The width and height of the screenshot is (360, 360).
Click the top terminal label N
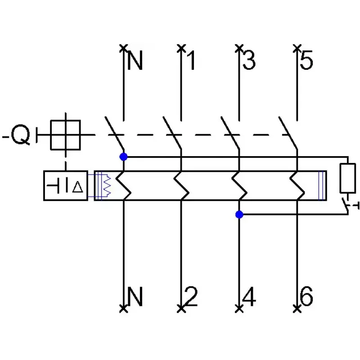coord(135,60)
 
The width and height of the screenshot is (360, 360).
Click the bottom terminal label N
coord(135,296)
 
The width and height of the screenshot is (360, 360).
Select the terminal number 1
coord(192,60)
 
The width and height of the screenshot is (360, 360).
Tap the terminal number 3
coord(249,60)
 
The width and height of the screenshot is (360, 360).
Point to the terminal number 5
coord(306,60)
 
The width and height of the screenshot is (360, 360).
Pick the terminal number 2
coord(191,296)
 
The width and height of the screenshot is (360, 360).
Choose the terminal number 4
coord(249,297)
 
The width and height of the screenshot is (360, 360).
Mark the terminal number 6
coord(306,296)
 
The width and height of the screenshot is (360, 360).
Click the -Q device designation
coord(17,135)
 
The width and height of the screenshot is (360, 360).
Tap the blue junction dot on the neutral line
coord(123,157)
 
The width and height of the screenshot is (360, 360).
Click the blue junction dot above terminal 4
coord(239,215)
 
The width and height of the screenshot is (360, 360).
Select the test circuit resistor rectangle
coord(347,178)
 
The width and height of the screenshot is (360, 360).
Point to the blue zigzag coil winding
coord(107,185)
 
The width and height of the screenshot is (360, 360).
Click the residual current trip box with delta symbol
coord(66,186)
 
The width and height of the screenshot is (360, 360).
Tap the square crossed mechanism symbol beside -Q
coord(65,135)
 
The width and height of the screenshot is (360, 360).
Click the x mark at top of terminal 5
coord(297,49)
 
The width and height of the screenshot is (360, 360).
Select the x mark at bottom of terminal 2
coord(181,309)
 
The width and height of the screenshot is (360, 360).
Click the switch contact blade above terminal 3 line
coord(230,133)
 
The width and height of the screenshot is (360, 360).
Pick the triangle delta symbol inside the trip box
coord(77,187)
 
